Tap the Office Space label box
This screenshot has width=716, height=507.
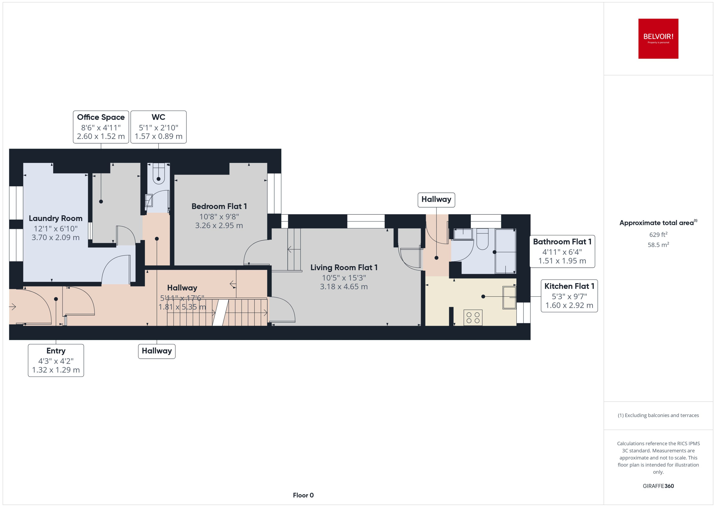pos(101,127)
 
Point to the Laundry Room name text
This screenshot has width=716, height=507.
pos(55,218)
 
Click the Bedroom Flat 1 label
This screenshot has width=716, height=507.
pos(219,206)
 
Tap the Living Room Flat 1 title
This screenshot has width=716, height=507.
pos(344,268)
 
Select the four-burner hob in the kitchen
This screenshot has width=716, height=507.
pos(473,317)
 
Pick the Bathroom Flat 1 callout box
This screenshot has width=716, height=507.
pos(562,251)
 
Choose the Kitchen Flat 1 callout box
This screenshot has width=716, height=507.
pos(569,296)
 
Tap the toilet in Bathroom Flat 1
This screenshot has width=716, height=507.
pos(482,239)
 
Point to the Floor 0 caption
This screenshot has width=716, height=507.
pos(303,495)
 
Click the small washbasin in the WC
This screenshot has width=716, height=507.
pos(149,200)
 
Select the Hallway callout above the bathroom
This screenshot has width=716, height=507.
pos(436,200)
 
